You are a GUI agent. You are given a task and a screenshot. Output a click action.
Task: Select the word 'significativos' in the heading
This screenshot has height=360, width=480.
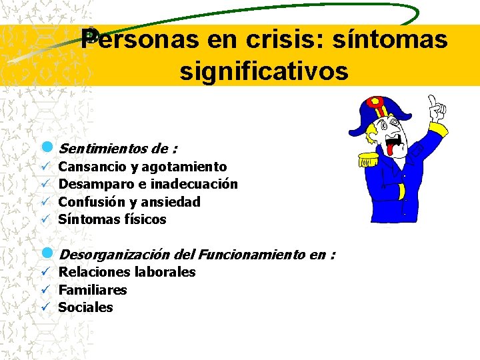click(263, 71)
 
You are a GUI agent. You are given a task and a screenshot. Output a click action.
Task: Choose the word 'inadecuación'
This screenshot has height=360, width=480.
click(195, 184)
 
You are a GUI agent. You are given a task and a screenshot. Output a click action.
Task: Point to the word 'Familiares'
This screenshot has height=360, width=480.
click(92, 289)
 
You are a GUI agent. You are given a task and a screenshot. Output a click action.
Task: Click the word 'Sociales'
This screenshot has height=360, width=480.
click(85, 307)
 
